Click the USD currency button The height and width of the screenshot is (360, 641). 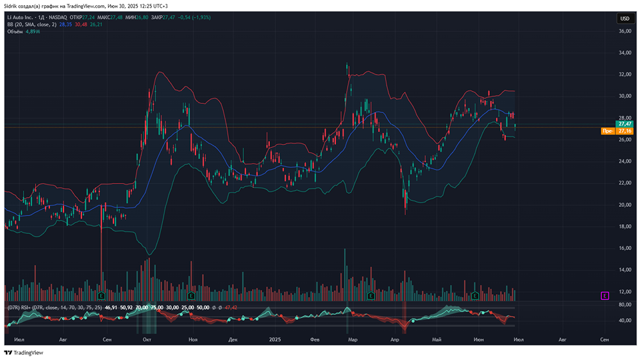coord(624,19)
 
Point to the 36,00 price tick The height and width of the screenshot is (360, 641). coord(625,31)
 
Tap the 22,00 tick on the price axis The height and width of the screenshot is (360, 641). coord(625,183)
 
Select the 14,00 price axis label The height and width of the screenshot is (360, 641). coord(625,270)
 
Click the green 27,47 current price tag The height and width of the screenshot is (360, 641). coord(625,124)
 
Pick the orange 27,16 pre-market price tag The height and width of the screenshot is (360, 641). coord(625,131)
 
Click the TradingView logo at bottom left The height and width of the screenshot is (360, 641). coord(24,352)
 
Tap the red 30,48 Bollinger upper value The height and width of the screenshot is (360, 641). coord(81,24)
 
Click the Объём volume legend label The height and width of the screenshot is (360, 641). coord(15,31)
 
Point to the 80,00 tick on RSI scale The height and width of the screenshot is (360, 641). coord(625,304)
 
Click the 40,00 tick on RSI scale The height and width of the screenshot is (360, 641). coord(625,321)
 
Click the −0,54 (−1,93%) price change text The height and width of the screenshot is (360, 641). coord(194,17)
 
